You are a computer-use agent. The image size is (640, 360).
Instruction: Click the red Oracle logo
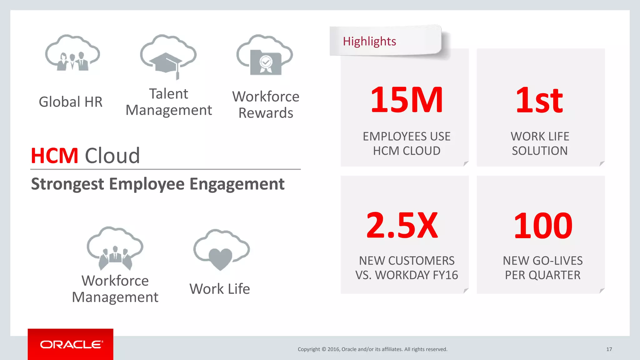[71, 344]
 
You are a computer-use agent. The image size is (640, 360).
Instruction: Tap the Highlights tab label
[369, 42]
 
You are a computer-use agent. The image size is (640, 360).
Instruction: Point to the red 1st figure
[539, 101]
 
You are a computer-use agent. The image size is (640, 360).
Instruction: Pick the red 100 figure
[543, 226]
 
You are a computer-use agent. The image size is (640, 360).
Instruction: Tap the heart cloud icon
[221, 250]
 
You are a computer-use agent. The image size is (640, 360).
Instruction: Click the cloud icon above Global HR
[72, 53]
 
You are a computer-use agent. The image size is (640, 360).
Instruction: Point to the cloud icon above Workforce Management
[115, 248]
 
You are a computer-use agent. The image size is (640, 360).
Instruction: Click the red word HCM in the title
[54, 156]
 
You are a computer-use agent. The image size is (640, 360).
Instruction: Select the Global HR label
[71, 102]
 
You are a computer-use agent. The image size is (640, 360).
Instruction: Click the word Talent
[168, 94]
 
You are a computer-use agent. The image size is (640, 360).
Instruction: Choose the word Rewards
[266, 113]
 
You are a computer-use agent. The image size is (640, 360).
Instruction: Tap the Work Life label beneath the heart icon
[219, 289]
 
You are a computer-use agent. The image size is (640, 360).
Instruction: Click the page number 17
[609, 349]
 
